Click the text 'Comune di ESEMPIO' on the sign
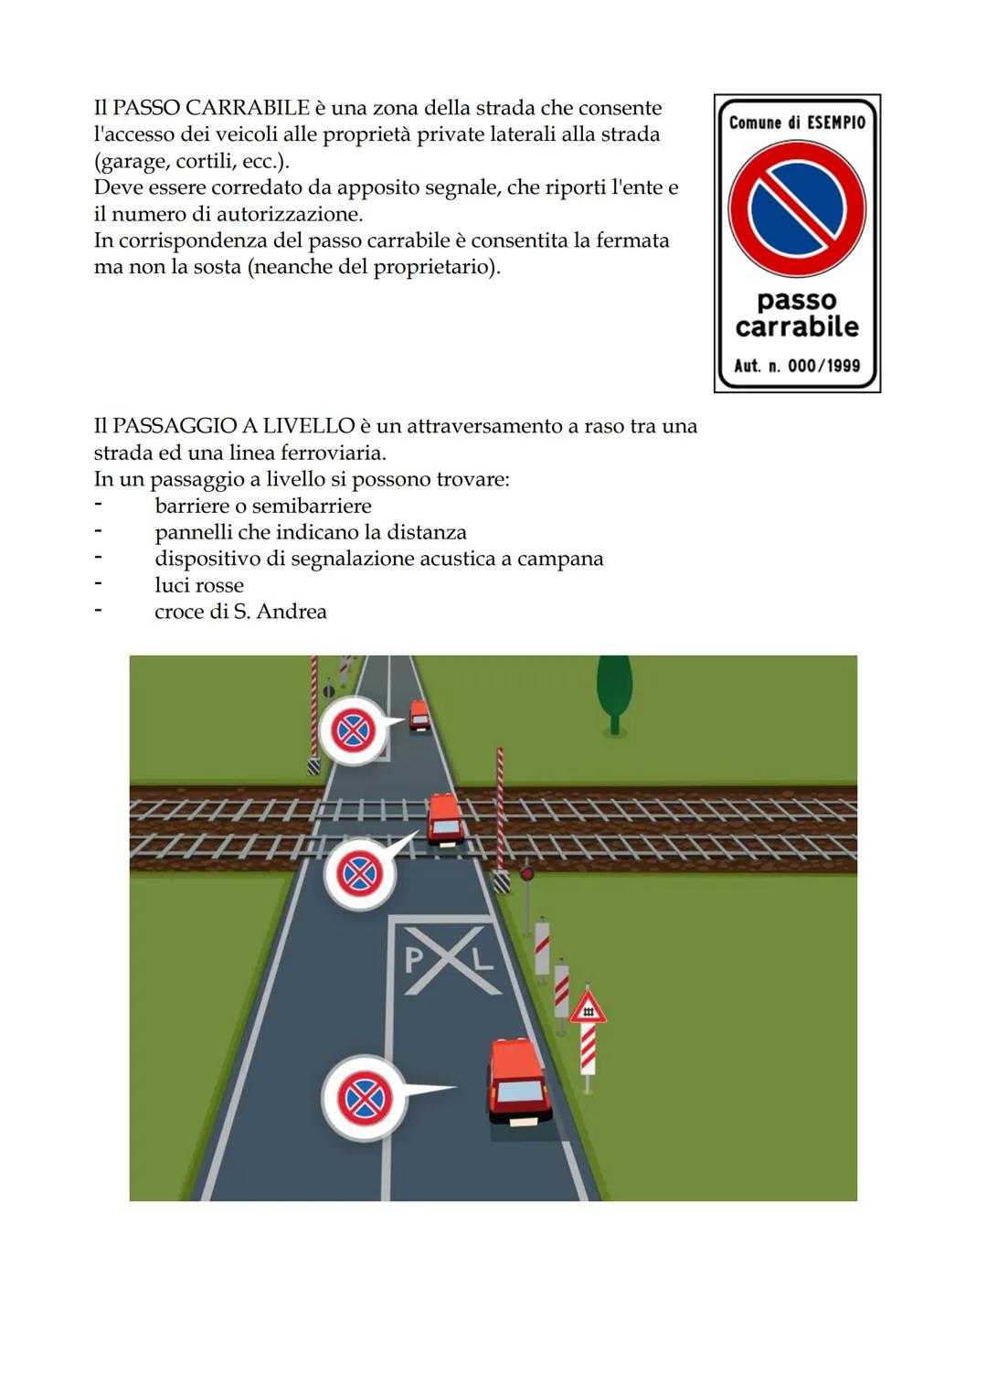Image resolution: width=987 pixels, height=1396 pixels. pyautogui.click(x=797, y=123)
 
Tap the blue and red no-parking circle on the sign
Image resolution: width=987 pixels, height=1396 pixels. pyautogui.click(x=797, y=209)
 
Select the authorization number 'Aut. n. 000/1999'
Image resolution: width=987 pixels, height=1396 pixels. pyautogui.click(x=797, y=366)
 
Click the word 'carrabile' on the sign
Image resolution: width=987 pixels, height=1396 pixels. pyautogui.click(x=797, y=326)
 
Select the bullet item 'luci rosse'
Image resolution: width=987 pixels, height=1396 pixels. pyautogui.click(x=199, y=585)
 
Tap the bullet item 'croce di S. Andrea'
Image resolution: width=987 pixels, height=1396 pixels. pyautogui.click(x=240, y=612)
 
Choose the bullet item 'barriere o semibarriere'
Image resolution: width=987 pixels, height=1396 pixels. pyautogui.click(x=263, y=506)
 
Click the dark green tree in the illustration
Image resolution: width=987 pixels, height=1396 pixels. pyautogui.click(x=614, y=692)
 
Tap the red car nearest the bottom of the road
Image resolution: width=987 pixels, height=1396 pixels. pyautogui.click(x=518, y=1082)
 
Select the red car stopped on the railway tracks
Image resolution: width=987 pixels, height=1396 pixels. pyautogui.click(x=445, y=818)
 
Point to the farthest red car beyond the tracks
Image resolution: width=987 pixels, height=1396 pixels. pyautogui.click(x=419, y=714)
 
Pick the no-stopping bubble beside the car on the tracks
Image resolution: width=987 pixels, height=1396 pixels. pyautogui.click(x=360, y=875)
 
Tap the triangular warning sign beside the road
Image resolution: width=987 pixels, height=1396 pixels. pyautogui.click(x=588, y=1008)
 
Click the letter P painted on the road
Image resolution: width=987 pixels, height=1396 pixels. pyautogui.click(x=414, y=959)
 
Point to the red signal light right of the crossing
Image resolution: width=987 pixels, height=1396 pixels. pyautogui.click(x=526, y=874)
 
